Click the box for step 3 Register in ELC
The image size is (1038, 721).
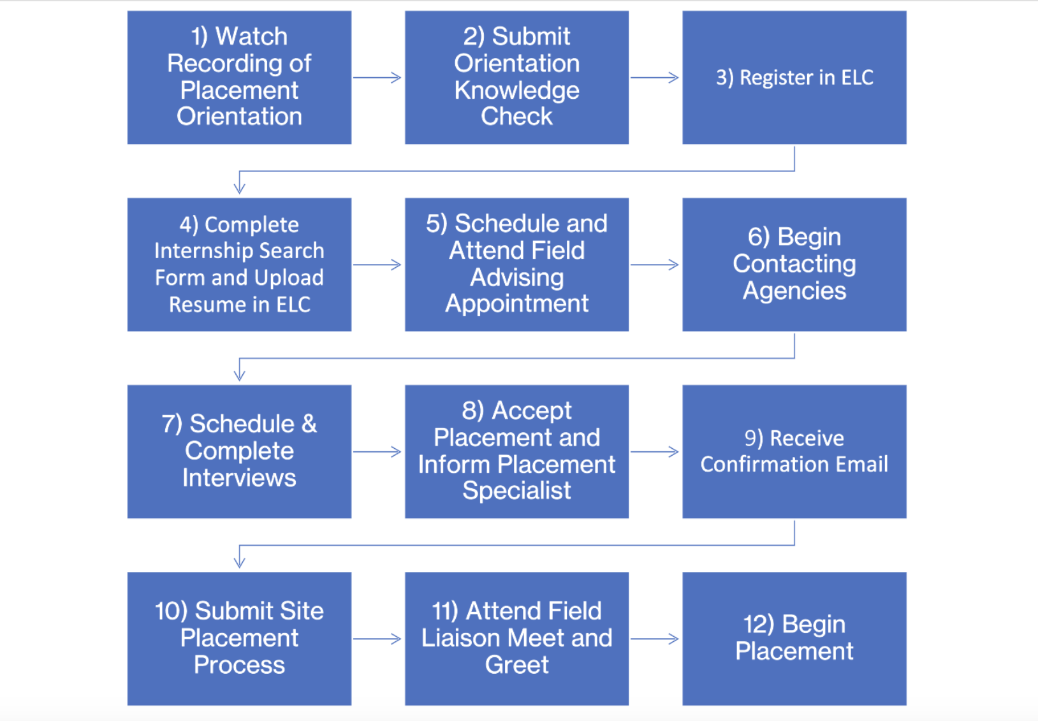click(x=794, y=78)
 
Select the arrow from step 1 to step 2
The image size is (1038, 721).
click(x=377, y=78)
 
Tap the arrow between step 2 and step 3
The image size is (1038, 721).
click(x=655, y=78)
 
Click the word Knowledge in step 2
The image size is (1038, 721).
click(x=516, y=91)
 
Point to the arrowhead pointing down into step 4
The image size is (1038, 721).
click(x=240, y=187)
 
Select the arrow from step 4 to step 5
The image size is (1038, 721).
click(x=377, y=265)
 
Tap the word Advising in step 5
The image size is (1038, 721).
click(x=516, y=277)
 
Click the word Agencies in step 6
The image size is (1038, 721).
click(x=794, y=291)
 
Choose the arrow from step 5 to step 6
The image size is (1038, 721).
click(x=655, y=265)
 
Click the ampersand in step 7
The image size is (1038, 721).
click(x=309, y=424)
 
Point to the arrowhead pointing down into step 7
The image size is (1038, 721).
click(x=240, y=374)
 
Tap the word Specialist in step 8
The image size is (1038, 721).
click(x=516, y=491)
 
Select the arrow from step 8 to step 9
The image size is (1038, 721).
click(x=655, y=451)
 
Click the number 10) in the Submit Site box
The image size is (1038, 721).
click(x=171, y=611)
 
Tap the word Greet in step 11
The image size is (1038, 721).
click(x=516, y=665)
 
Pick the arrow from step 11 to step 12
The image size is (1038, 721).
click(x=655, y=639)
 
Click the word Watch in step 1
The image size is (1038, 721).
click(x=251, y=36)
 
